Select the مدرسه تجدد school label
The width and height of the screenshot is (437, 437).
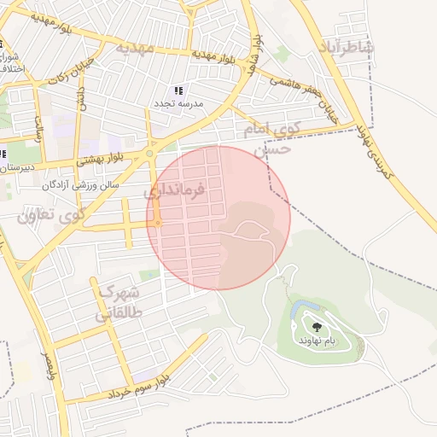pos(178,102)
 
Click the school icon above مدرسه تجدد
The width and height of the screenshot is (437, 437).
pos(178,90)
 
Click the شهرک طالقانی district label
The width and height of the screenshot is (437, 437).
pos(119,302)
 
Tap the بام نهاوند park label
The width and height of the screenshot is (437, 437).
pos(318,340)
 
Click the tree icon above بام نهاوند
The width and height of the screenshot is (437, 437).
pos(318,327)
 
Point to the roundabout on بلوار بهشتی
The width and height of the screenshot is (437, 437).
pos(150,154)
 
